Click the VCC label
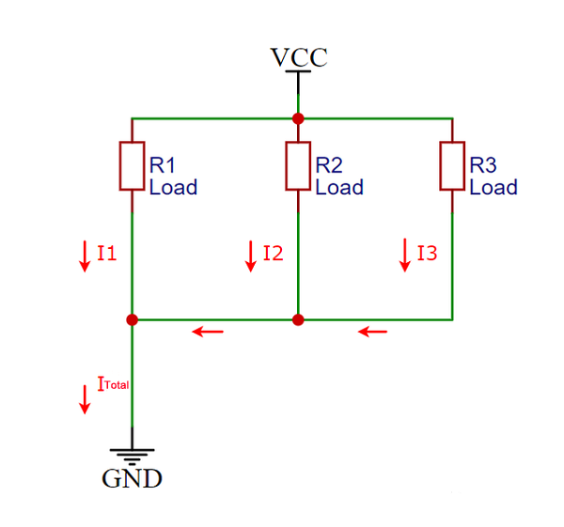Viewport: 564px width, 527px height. [299, 57]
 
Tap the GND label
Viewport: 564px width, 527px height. [132, 479]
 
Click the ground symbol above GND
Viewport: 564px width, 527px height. [132, 455]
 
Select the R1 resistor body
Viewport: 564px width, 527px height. [132, 165]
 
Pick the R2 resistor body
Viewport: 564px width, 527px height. [298, 165]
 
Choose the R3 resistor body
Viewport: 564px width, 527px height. [453, 165]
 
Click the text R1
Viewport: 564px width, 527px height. [164, 165]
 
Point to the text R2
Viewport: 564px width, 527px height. [329, 165]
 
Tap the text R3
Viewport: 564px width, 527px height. [483, 165]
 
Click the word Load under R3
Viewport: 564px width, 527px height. [493, 188]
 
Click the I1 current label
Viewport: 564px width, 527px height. [106, 253]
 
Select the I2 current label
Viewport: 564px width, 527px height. [273, 253]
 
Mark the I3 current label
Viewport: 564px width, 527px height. [427, 253]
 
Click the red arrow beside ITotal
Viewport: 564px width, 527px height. [85, 397]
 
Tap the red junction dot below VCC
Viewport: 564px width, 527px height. [298, 118]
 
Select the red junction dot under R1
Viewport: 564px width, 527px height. [132, 319]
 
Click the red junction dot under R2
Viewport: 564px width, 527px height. [298, 319]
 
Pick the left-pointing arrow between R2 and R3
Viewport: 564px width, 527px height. [372, 332]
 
